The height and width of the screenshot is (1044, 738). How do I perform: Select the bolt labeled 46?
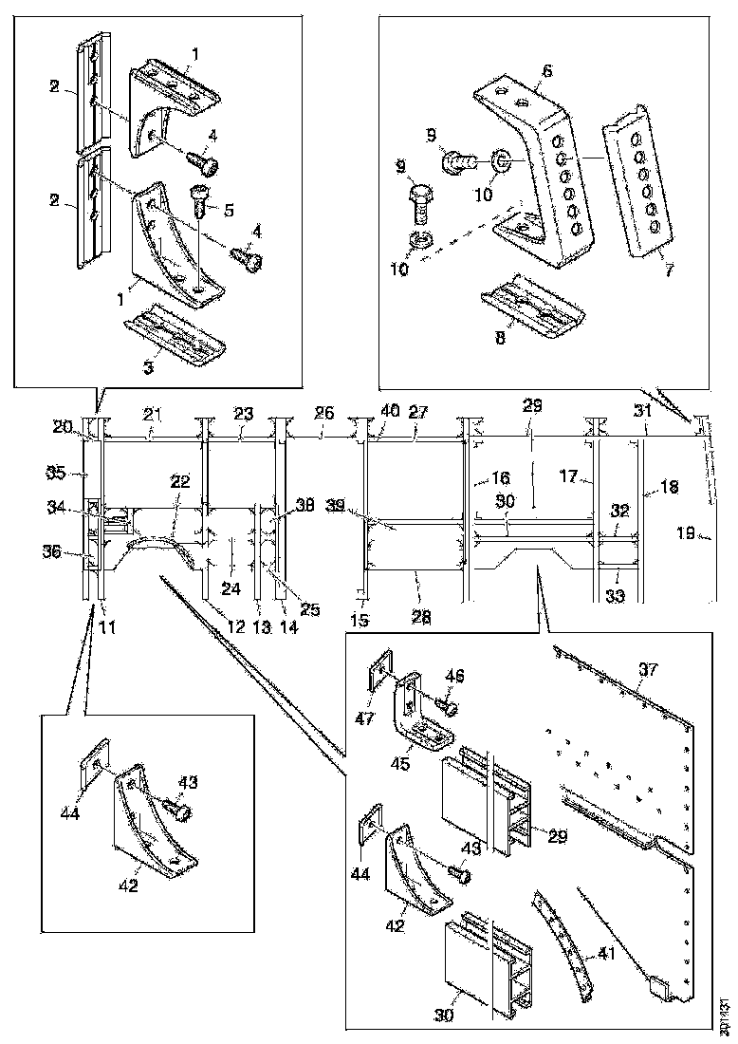tap(446, 705)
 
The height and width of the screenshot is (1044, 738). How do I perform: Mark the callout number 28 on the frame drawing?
tap(420, 616)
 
